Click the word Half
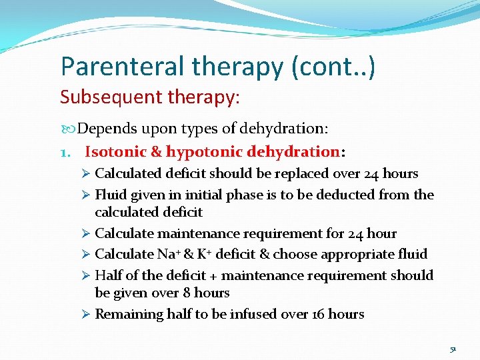pos(109,275)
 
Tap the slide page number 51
pos(453,349)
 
